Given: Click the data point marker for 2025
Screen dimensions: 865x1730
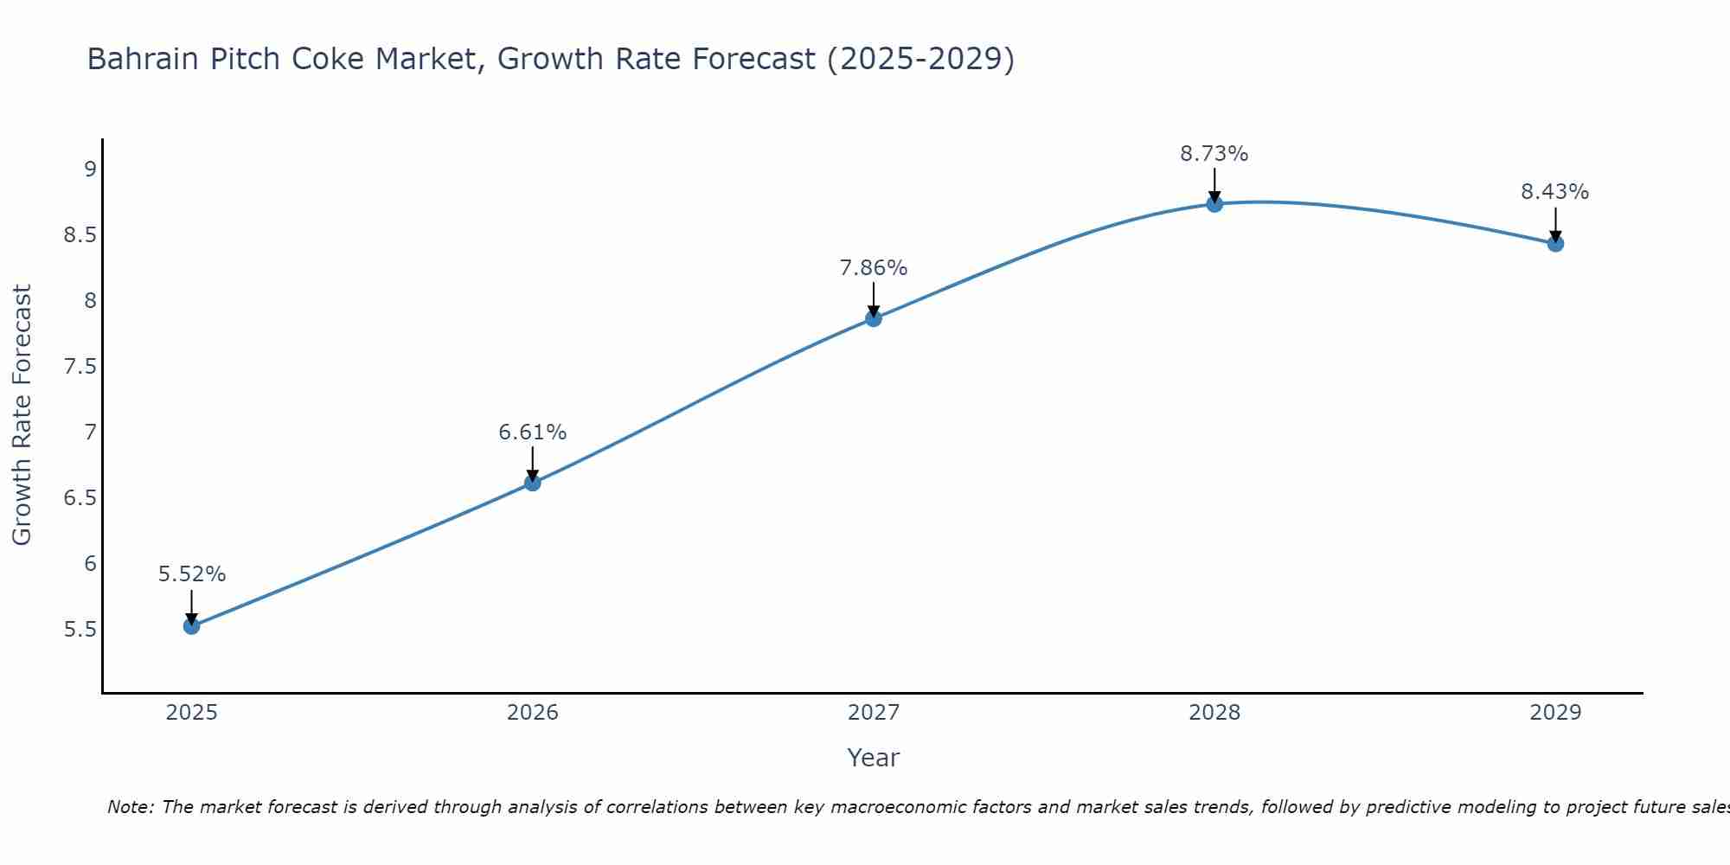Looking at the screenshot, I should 192,625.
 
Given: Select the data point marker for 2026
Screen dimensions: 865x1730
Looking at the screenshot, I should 533,483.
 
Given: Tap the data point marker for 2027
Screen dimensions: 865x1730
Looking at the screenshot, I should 874,318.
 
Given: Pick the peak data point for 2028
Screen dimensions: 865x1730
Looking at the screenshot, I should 1214,204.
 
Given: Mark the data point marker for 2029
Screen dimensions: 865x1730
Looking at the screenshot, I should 1555,244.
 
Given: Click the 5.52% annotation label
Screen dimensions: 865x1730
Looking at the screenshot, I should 192,574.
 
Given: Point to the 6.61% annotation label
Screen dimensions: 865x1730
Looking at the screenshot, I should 533,432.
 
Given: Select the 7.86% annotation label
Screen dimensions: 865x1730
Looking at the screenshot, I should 874,268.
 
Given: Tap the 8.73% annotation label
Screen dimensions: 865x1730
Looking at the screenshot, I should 1214,154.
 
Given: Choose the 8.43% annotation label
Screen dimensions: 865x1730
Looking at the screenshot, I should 1555,192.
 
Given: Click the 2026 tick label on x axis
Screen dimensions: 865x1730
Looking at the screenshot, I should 533,713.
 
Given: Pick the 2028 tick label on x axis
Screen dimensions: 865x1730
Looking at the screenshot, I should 1214,713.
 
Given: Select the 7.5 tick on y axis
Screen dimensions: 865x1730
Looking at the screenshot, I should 80,367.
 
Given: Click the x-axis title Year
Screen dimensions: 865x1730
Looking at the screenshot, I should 874,758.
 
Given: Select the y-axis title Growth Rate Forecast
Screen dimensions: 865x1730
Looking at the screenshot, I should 22,415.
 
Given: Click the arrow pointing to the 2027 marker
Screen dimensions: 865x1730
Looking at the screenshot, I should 874,298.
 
